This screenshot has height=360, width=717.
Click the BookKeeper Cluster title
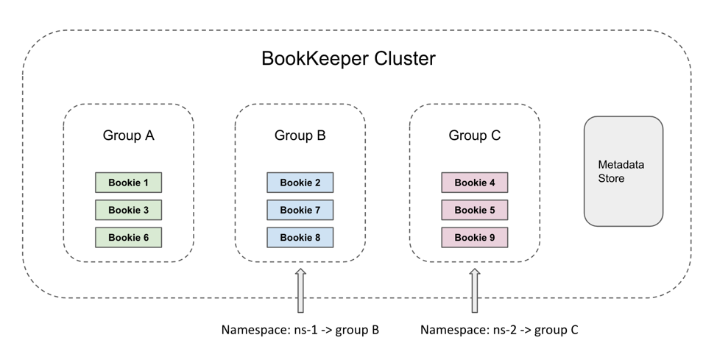tap(348, 59)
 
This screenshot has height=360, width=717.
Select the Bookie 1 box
tap(128, 183)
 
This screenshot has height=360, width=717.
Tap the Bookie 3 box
tap(128, 210)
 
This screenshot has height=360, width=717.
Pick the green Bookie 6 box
tap(128, 237)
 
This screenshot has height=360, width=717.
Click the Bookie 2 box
tap(300, 183)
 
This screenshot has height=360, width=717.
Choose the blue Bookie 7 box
tap(300, 210)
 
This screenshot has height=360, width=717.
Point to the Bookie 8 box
tap(300, 237)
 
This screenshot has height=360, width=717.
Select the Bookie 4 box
tap(474, 183)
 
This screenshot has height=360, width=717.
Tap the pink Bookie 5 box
tap(474, 210)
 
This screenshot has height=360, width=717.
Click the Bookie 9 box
tap(474, 237)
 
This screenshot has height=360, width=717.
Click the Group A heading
tap(128, 135)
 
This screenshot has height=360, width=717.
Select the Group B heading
tap(300, 135)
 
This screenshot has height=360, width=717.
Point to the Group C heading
tap(474, 135)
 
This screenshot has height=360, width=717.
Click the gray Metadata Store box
tap(624, 171)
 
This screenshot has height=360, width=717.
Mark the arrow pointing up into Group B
tap(300, 290)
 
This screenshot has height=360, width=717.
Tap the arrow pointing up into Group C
tap(475, 290)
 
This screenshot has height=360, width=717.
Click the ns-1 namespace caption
tap(300, 330)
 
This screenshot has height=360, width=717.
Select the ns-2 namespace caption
tap(499, 330)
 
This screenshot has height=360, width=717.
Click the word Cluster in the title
tap(401, 59)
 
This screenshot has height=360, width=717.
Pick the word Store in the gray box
tap(611, 178)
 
